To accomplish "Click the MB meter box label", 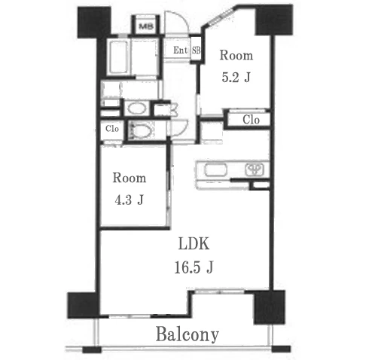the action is coord(146,26).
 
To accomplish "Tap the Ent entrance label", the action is coord(180,50).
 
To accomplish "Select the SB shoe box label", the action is coord(197,50).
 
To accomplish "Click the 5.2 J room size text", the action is coord(236,77).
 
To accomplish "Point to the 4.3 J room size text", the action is coord(129,200).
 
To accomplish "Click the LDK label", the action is coord(194,243).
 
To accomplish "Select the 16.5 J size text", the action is coord(194,267).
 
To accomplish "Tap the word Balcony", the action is coord(187,334).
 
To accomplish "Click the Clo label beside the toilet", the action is coord(112,129).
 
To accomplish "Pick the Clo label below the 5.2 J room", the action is coord(251,120).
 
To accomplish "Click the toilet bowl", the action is coord(141,131).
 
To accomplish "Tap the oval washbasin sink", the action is coord(137,108).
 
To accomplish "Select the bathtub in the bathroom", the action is coord(119,57).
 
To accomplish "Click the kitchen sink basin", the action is coord(216,170).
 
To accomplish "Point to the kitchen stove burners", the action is coord(255,169).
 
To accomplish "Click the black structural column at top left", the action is coord(94,23).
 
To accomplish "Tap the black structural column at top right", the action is coord(274,20).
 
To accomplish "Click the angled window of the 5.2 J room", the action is coord(218,17).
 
